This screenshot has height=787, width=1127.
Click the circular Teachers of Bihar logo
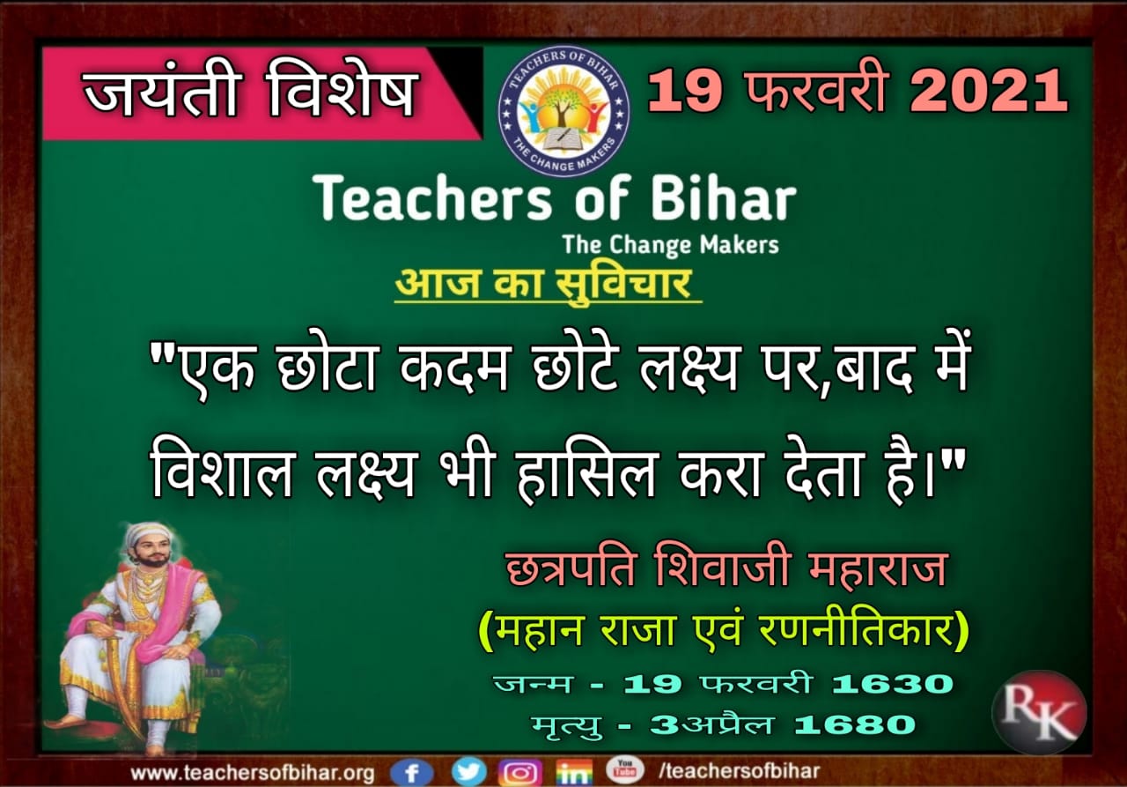[x=563, y=111]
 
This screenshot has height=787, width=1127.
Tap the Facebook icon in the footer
[x=411, y=772]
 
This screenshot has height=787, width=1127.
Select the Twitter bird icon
[x=469, y=771]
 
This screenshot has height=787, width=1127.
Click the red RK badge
[x=1040, y=712]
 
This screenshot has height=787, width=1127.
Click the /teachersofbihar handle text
[x=739, y=771]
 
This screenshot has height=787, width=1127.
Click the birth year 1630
[x=893, y=684]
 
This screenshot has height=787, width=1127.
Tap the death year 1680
[x=855, y=724]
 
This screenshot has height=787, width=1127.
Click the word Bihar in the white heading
[x=723, y=198]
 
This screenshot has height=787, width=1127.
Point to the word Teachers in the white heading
[x=431, y=198]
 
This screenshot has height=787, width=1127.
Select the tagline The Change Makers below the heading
[x=671, y=245]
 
